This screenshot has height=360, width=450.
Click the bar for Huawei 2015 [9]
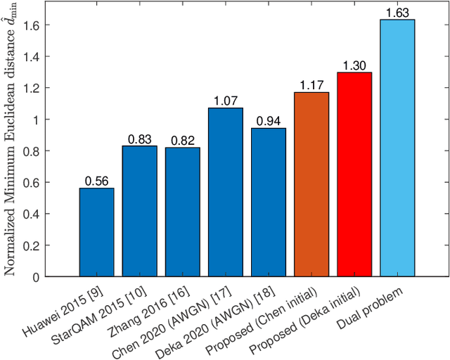(96, 232)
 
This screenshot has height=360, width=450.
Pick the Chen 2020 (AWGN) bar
(226, 192)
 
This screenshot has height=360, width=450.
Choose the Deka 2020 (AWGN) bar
(269, 202)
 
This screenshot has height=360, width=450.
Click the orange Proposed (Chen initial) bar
(311, 184)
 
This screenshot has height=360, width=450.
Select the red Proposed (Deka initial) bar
(354, 174)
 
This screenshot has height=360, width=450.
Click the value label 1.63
(397, 13)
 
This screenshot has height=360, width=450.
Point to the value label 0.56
(96, 181)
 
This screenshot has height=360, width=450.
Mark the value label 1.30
(354, 65)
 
